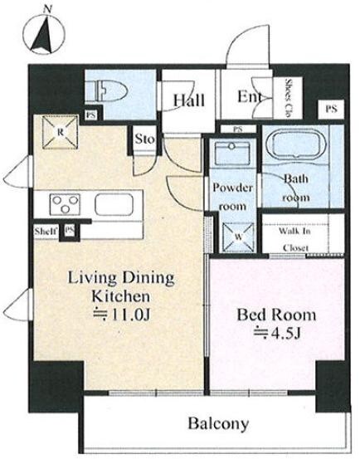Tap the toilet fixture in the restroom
pos(110,90)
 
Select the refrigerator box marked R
pos(61,132)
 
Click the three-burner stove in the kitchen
pos(65,204)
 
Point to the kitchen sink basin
pos(114,204)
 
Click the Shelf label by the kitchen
pos(46,232)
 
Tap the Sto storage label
pos(144,139)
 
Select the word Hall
pos(188,100)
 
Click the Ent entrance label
pos(249,96)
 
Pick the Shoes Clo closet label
pos(289,98)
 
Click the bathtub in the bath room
pos(299,145)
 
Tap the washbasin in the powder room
pos(232,153)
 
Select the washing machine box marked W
pos(238,237)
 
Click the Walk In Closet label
pos(294,239)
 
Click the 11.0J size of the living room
pos(121,315)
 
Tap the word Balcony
pos(218,423)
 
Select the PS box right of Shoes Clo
pos(331,109)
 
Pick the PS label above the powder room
pos(238,129)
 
